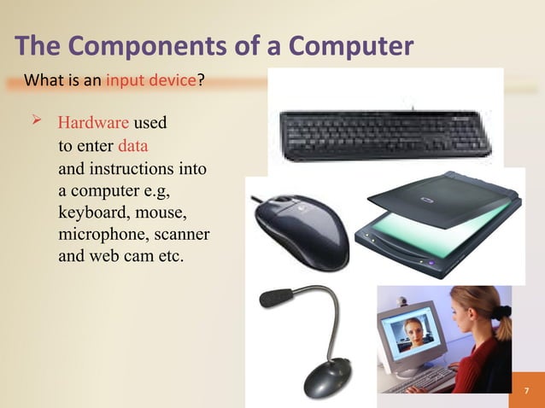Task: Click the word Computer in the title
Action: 350,48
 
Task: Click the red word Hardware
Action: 89,124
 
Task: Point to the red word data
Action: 133,145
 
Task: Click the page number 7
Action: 526,391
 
